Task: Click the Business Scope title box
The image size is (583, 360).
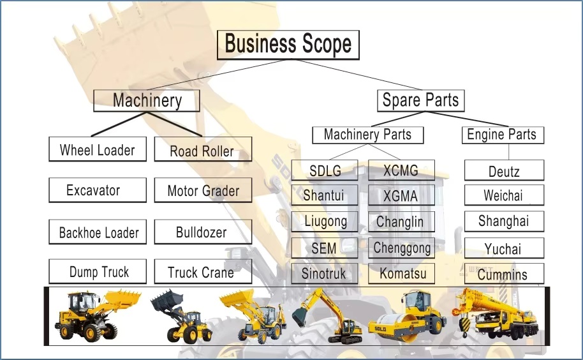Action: (x=288, y=45)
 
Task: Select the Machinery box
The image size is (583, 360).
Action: (x=147, y=100)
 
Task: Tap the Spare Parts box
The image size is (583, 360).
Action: (x=421, y=100)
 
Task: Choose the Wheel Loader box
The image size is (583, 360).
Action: (x=98, y=149)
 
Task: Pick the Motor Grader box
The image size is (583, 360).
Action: (x=203, y=190)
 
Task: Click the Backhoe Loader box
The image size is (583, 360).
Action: (x=98, y=232)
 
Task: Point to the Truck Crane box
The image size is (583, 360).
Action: (x=203, y=271)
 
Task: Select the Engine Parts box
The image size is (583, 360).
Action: (x=503, y=135)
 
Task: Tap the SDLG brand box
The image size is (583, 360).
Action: (x=325, y=170)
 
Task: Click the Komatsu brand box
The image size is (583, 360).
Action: (x=402, y=274)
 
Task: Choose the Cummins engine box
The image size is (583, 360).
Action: (x=504, y=274)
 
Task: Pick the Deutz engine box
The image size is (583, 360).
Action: (x=504, y=170)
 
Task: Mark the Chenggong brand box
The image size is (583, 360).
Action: (x=402, y=248)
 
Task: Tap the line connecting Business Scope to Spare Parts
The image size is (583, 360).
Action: (x=360, y=75)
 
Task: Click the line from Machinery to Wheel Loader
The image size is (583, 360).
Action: (x=117, y=124)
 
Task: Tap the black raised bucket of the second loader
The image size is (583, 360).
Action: (x=167, y=301)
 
